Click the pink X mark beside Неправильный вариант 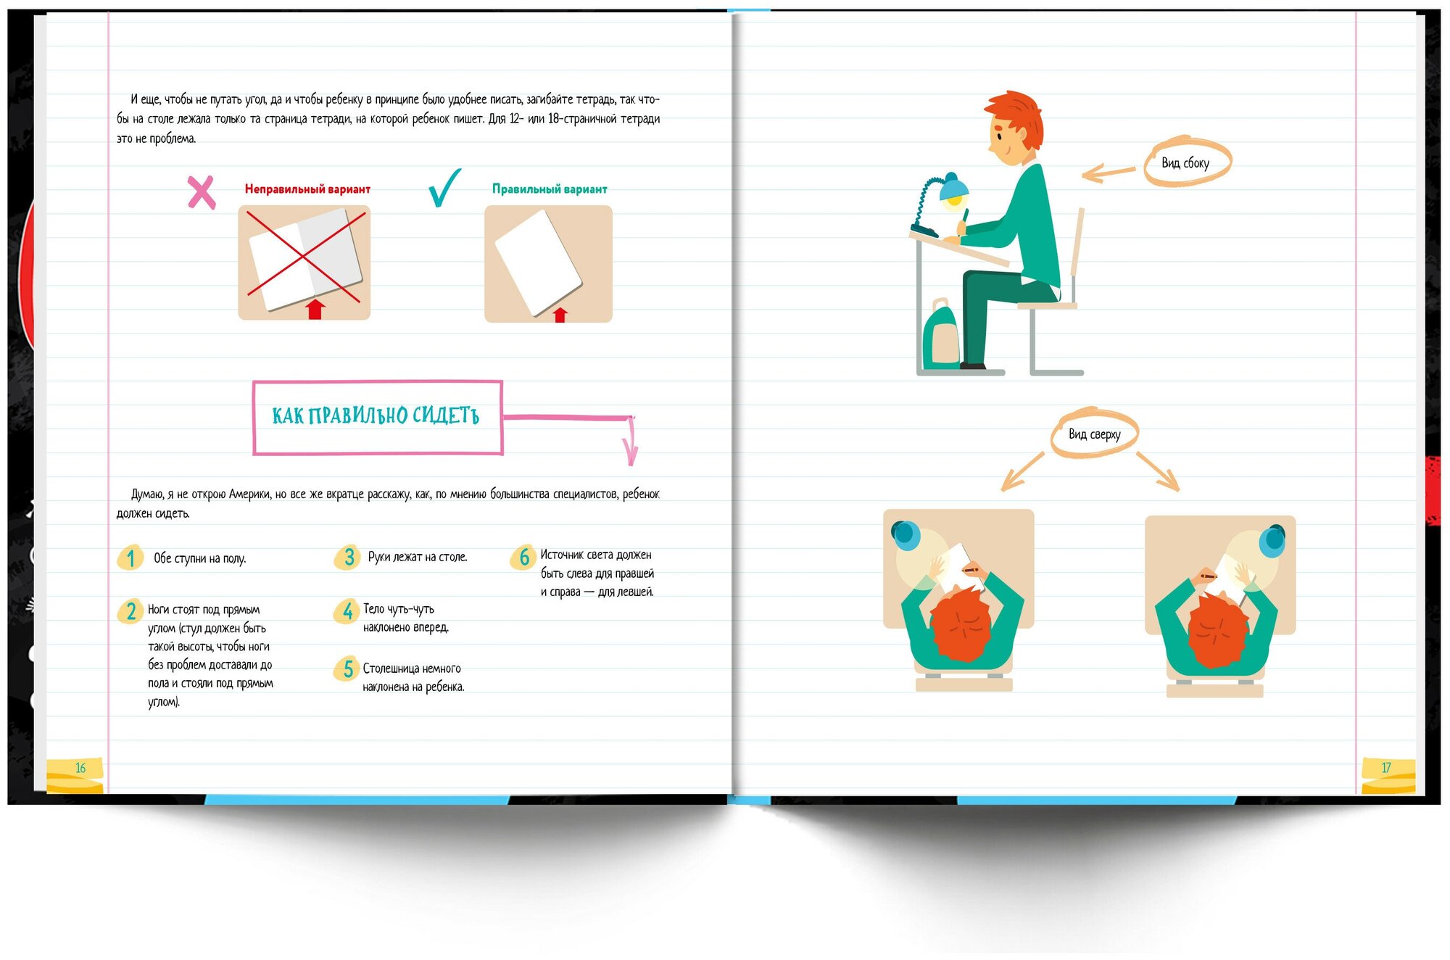pos(202,193)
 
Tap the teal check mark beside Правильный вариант pos(444,188)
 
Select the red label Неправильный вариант pos(307,189)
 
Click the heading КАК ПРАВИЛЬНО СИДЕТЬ pos(376,415)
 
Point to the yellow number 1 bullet pos(130,558)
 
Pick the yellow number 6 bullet pos(523,557)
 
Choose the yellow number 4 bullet pos(347,611)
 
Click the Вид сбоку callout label pos(1186,162)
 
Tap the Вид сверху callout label pos(1095,434)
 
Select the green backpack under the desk pos(941,335)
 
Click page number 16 pos(80,768)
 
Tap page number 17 pos(1385,767)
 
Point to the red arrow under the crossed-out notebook pos(315,309)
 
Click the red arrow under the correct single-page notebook pos(560,314)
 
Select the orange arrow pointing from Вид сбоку pos(1109,173)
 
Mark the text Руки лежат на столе pos(418,557)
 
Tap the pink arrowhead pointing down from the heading pos(631,451)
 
